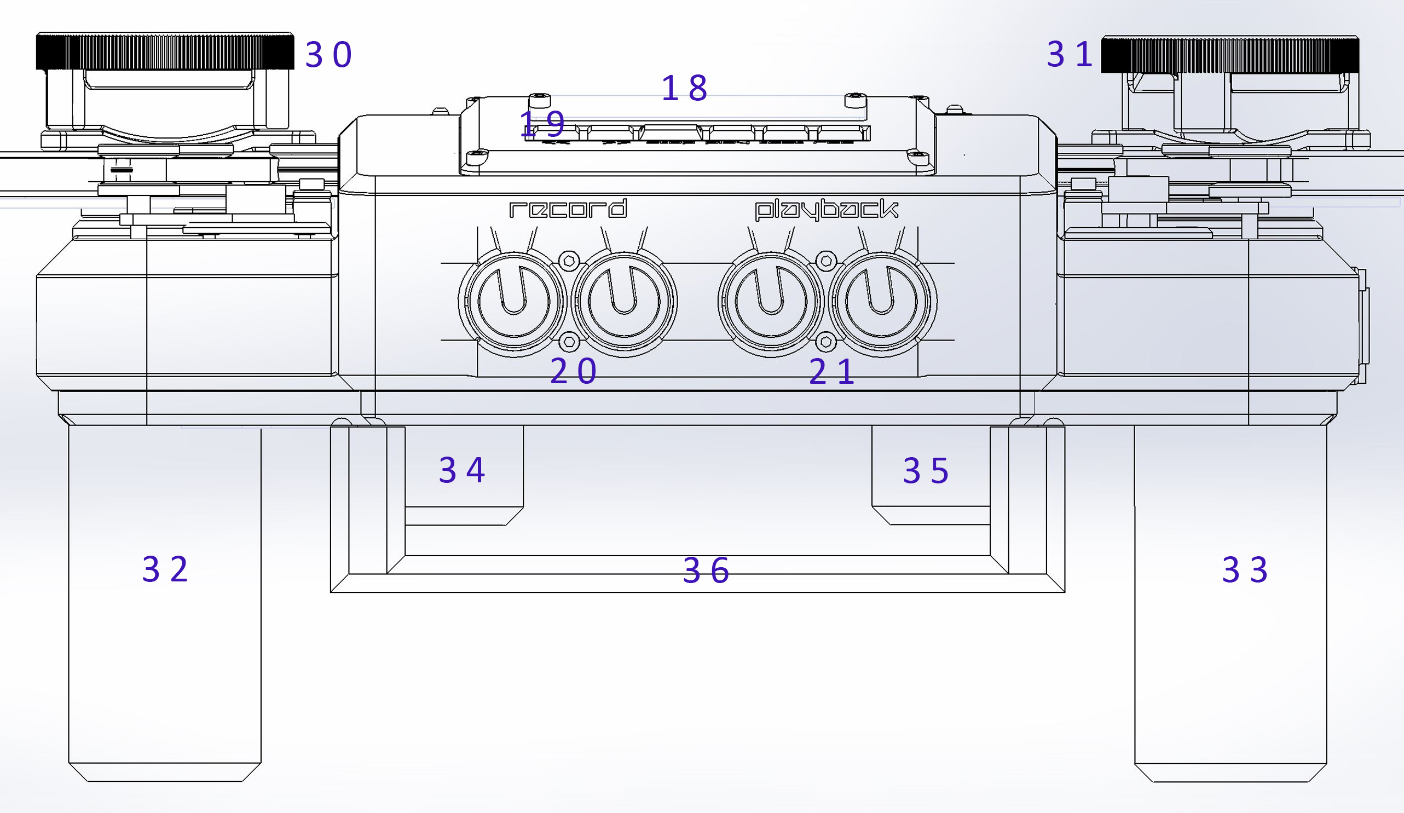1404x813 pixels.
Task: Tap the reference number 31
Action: point(1069,55)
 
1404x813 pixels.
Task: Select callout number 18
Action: point(684,88)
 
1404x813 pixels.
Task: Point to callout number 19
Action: point(542,124)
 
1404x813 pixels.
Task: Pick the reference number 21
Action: point(831,372)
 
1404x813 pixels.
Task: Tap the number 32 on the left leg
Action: point(165,569)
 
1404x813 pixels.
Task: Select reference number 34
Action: point(462,470)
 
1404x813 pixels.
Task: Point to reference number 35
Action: point(926,471)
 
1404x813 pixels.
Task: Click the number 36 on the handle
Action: point(706,570)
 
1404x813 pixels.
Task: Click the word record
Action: point(568,209)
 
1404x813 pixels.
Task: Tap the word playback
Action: point(826,210)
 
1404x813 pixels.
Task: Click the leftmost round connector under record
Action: point(513,302)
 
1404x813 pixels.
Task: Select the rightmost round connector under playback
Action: point(881,302)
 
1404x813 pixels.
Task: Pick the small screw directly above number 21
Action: point(826,341)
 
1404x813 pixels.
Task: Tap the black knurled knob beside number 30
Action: point(165,51)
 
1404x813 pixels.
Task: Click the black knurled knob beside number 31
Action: point(1230,55)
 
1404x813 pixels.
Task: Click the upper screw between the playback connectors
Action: point(825,260)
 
